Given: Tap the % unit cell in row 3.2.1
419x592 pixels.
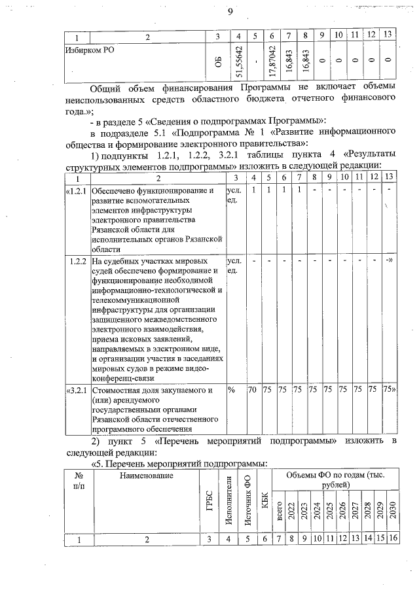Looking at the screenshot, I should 231,391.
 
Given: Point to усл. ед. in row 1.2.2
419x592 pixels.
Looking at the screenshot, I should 232,266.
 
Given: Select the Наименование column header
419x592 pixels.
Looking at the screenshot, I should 146,476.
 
